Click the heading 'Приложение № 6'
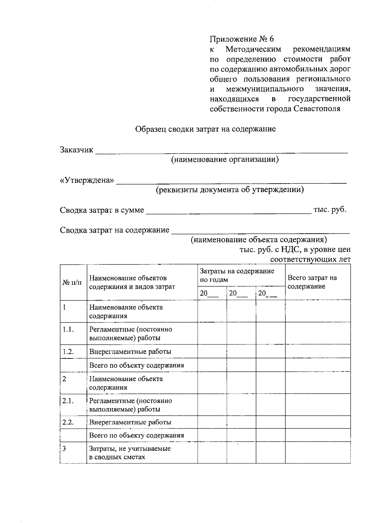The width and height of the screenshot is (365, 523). [x=242, y=39]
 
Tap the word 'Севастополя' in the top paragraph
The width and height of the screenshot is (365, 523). [x=317, y=109]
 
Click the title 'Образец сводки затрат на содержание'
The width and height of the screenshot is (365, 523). [x=205, y=129]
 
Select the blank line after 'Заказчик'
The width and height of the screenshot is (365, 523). [x=221, y=151]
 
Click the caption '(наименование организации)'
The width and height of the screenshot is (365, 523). [x=225, y=160]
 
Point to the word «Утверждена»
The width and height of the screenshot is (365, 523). [x=87, y=180]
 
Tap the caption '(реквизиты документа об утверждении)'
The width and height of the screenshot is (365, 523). [x=230, y=190]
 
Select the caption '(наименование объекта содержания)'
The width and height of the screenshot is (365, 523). [x=259, y=240]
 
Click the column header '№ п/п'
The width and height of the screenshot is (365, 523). [x=72, y=282]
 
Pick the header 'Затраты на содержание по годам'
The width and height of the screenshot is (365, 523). [x=237, y=275]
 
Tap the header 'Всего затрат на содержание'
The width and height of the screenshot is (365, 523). [x=312, y=282]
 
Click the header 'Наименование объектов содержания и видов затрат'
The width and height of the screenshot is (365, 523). [x=132, y=282]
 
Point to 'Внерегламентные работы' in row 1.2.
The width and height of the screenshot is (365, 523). [x=130, y=352]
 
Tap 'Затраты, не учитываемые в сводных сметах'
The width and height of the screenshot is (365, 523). [x=130, y=452]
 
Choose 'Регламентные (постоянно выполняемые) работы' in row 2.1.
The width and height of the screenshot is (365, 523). [x=130, y=405]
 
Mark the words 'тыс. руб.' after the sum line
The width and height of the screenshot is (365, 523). [x=330, y=210]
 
